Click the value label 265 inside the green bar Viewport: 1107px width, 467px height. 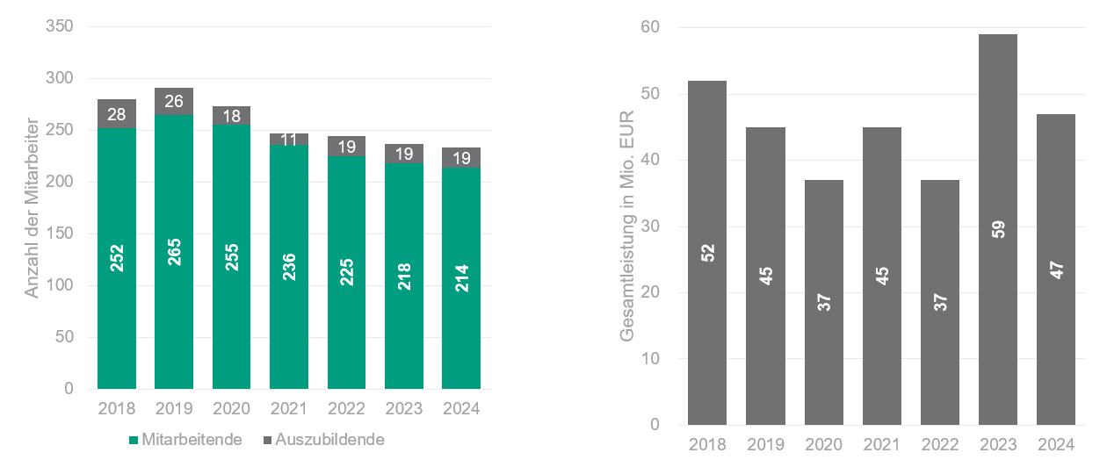click(174, 251)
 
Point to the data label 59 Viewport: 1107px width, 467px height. click(998, 230)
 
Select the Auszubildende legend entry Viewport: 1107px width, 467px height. click(322, 440)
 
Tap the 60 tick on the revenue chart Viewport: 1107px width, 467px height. click(650, 27)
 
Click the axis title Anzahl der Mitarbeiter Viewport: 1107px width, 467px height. click(32, 208)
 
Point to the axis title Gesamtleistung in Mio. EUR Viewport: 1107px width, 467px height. click(627, 226)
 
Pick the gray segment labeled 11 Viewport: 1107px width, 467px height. click(289, 139)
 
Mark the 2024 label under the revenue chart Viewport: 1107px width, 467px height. click(1056, 444)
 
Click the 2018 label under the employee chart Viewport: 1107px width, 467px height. click(117, 409)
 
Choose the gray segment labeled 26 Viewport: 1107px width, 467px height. click(174, 101)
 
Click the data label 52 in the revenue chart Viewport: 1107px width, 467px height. click(708, 253)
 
